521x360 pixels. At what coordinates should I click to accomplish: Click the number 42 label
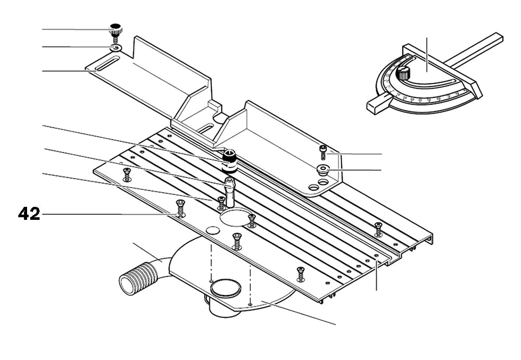29,214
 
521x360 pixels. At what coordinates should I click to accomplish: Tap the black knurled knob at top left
115,28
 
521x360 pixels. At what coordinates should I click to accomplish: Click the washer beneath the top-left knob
115,48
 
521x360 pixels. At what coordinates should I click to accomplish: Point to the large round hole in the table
234,218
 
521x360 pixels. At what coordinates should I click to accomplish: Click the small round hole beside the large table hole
212,230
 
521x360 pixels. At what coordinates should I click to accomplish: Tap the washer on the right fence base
322,168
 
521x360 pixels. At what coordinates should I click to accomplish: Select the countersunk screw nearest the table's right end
378,227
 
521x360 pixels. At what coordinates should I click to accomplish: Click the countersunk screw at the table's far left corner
126,175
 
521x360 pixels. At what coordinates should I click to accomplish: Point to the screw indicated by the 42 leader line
180,210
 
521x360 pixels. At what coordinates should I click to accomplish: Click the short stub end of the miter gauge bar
375,104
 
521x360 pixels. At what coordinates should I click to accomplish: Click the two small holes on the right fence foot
318,184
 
